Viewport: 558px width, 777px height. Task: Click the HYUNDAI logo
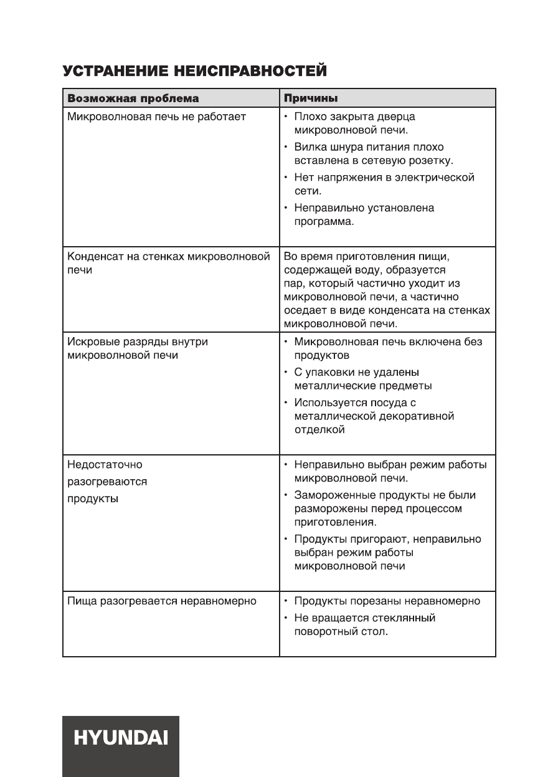120,739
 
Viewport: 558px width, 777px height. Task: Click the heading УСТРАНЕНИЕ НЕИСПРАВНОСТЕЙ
195,72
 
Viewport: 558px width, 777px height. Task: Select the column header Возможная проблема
133,98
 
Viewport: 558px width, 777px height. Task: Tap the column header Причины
311,98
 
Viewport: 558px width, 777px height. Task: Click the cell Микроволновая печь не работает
156,117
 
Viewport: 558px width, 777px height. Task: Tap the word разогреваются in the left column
106,482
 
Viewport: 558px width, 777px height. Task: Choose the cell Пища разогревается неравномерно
161,601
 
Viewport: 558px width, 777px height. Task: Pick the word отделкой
319,430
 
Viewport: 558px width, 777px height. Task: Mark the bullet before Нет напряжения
286,178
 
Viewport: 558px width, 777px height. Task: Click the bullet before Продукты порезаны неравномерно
286,601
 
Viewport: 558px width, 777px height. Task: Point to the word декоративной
415,416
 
